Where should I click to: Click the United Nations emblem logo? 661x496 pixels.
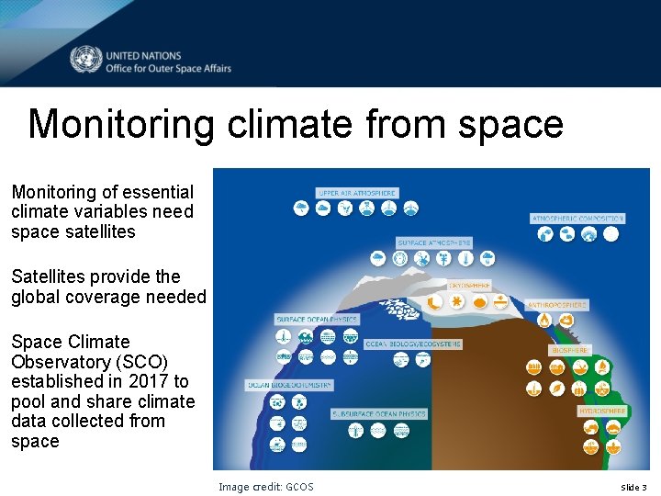pos(85,61)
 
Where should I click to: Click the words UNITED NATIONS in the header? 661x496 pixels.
pos(143,55)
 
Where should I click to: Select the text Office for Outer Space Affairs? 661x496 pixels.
pos(168,68)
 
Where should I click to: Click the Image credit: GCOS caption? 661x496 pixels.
pos(265,487)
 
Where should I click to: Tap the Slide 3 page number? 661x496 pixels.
pos(633,487)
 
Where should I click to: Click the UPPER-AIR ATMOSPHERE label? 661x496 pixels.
pos(357,194)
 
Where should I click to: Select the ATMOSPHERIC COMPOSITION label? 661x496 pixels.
pos(578,219)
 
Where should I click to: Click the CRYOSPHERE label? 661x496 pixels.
pos(469,285)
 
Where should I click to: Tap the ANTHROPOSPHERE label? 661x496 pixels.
pos(557,305)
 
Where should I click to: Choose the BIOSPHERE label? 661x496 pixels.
pos(570,350)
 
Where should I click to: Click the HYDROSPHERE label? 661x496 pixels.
pos(602,411)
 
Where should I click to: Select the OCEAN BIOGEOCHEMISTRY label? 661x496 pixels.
pos(289,385)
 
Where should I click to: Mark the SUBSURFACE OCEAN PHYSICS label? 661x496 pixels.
pos(379,414)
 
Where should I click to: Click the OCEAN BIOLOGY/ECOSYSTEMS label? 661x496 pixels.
pos(413,344)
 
